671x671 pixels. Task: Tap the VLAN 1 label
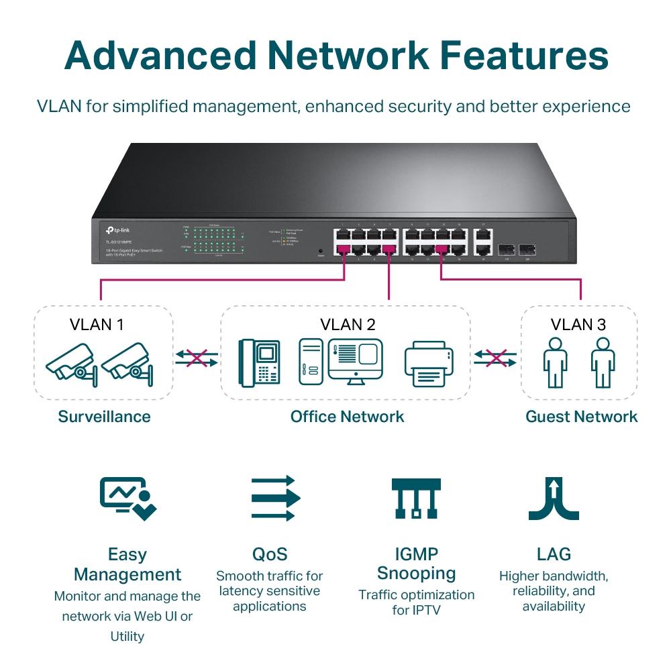tap(97, 325)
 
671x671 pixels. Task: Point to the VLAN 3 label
tap(578, 325)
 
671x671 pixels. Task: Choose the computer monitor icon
tap(355, 360)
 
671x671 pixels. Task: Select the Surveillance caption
tap(104, 417)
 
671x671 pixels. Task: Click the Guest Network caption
tap(581, 417)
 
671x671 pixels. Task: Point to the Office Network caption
tap(347, 417)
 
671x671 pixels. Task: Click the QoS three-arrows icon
tap(275, 499)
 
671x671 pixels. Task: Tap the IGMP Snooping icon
tap(416, 499)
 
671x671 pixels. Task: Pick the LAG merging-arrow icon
tap(554, 499)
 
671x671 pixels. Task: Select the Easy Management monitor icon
tap(127, 499)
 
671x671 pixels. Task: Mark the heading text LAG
tap(554, 554)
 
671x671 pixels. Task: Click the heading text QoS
tap(270, 554)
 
